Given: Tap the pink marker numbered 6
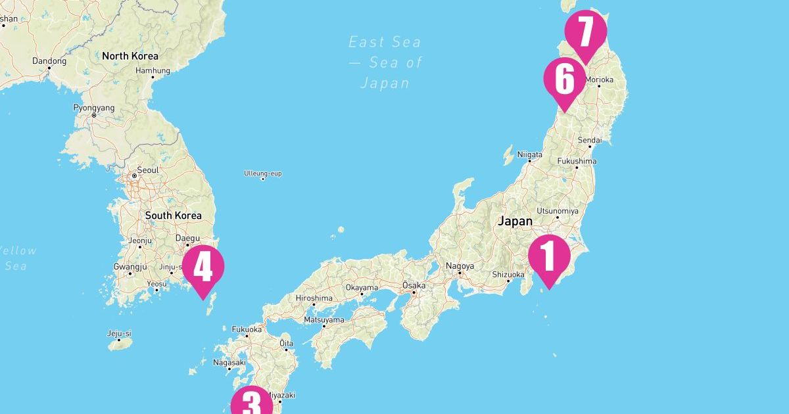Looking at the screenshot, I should click(564, 79).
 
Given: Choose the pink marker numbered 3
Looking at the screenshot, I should click(251, 403).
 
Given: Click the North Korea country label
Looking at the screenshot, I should click(130, 56).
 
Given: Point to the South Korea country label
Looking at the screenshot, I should click(173, 216).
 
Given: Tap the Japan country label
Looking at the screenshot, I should click(515, 221).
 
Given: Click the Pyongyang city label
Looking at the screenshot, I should click(94, 108).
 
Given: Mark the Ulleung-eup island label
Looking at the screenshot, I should click(262, 173).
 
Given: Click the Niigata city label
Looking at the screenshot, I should click(530, 155).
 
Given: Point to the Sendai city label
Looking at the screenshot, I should click(589, 141).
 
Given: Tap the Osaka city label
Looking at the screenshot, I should click(414, 286).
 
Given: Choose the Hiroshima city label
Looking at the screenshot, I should click(314, 298).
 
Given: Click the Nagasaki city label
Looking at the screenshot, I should click(229, 363).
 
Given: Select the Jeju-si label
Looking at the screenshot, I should click(119, 333).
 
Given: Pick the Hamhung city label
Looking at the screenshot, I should click(153, 71).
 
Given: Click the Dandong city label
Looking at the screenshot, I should click(49, 61).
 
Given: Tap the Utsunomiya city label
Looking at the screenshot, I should click(558, 211).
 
